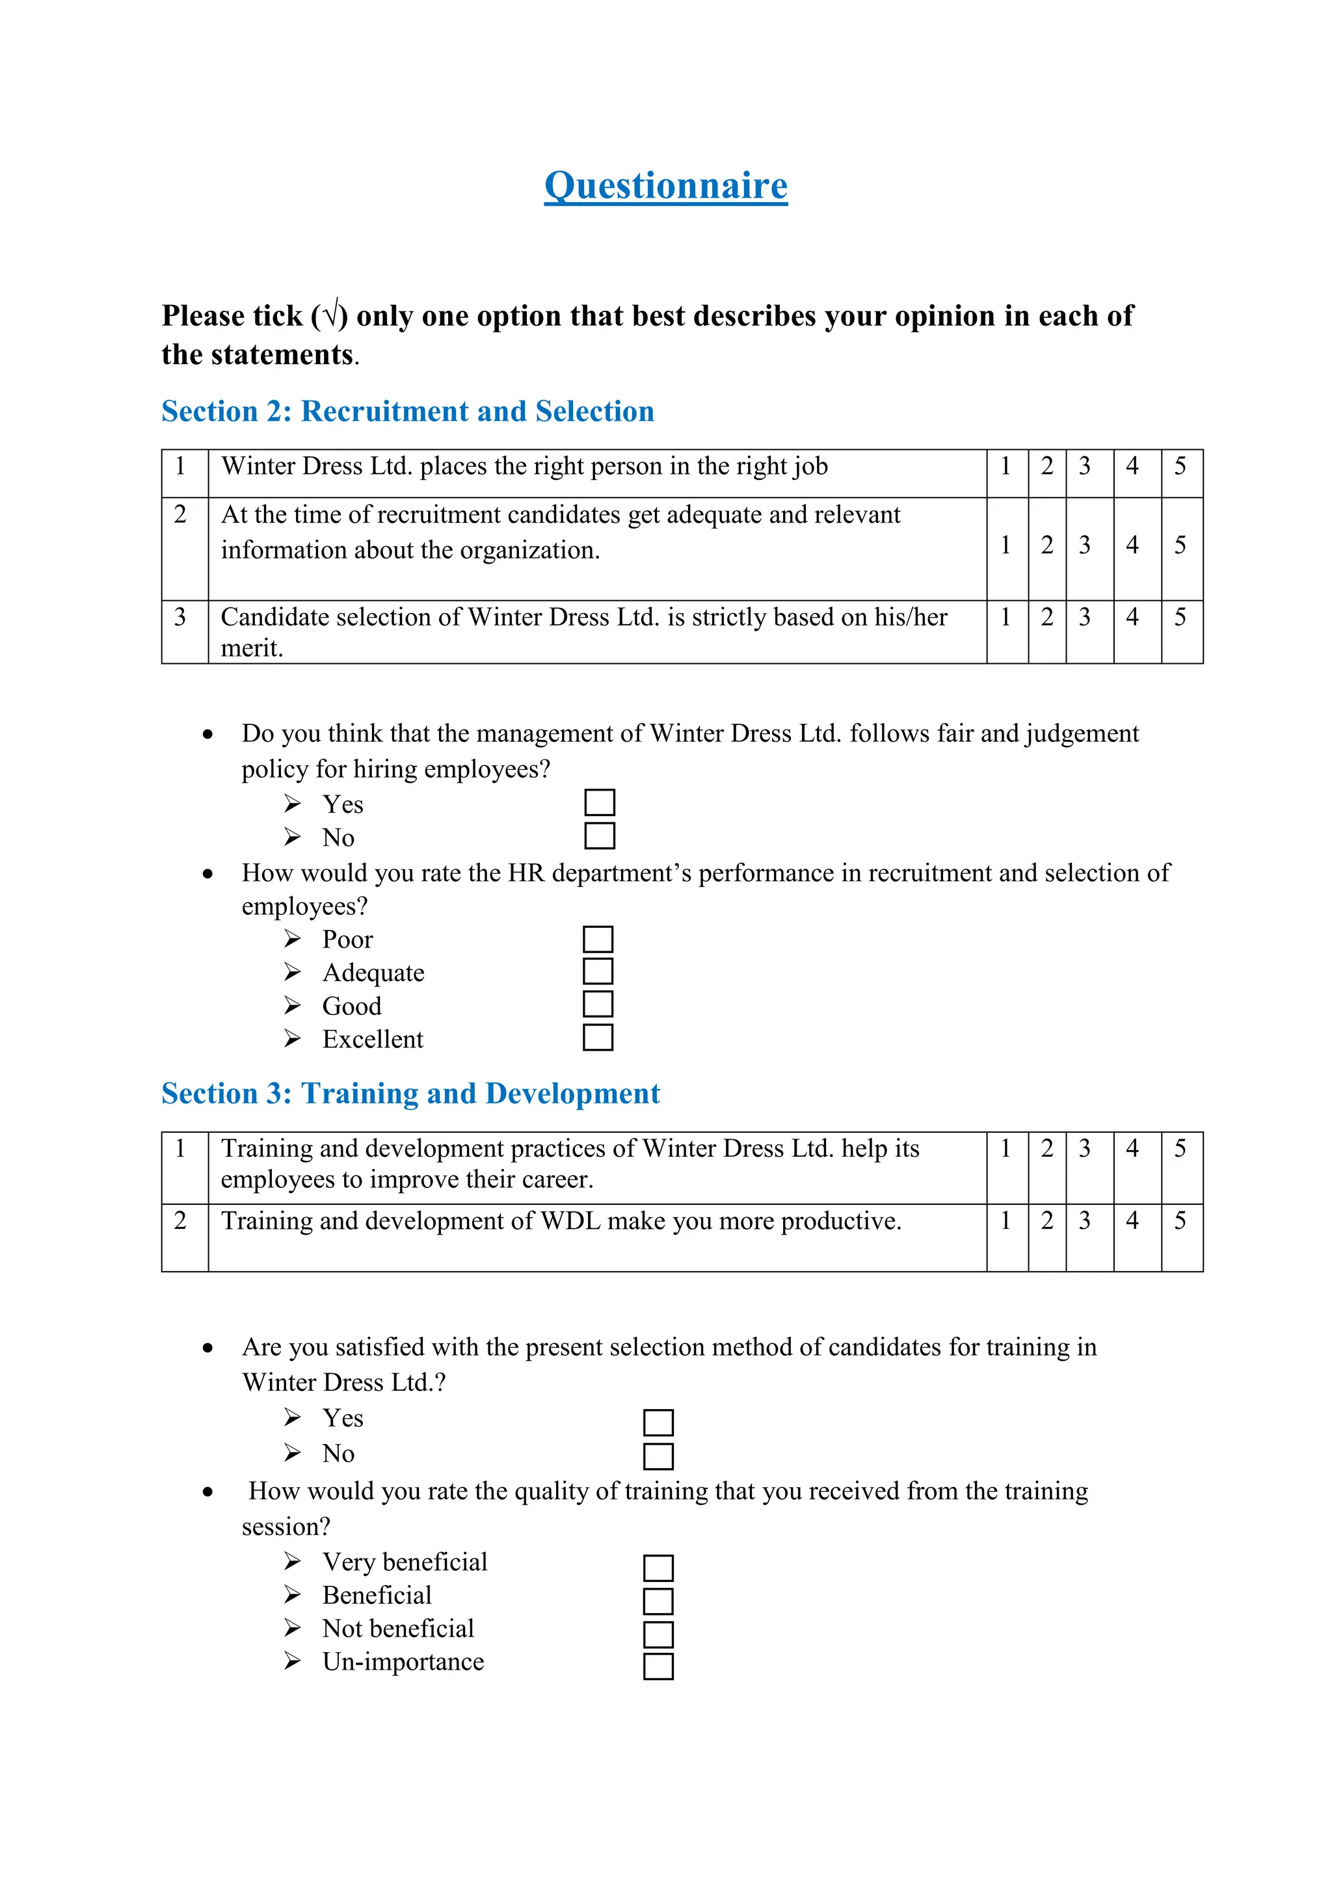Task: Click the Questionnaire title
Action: (665, 185)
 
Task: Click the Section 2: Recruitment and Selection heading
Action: (408, 411)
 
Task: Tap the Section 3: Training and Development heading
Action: (410, 1093)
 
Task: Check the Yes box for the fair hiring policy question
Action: (600, 802)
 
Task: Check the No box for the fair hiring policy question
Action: (600, 836)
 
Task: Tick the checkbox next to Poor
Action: (598, 939)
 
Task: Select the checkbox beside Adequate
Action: (598, 971)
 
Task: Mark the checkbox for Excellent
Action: (598, 1038)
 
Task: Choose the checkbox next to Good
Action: (598, 1004)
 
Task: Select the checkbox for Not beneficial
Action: (658, 1635)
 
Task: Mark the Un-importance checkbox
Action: (658, 1666)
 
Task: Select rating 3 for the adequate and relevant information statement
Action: (1084, 546)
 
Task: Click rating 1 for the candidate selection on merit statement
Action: (1006, 618)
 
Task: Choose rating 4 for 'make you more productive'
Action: (1132, 1221)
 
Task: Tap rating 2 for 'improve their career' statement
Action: (1046, 1149)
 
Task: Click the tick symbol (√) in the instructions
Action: (330, 315)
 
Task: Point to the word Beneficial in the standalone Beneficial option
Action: (377, 1595)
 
